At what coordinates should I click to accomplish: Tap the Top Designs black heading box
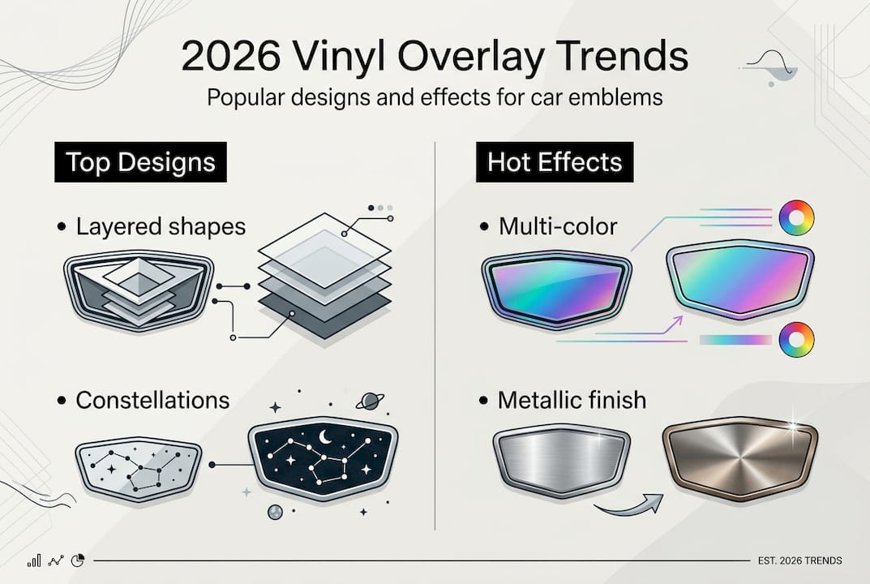pyautogui.click(x=140, y=162)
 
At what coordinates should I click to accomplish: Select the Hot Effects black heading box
pyautogui.click(x=555, y=162)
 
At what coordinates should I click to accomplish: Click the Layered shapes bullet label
pyautogui.click(x=161, y=226)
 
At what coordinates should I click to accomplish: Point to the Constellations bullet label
pyautogui.click(x=152, y=400)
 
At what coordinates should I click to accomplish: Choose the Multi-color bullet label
pyautogui.click(x=558, y=226)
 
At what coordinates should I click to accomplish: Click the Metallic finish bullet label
pyautogui.click(x=572, y=400)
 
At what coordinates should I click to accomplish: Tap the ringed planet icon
pyautogui.click(x=370, y=401)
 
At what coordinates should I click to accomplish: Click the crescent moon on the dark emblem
pyautogui.click(x=324, y=438)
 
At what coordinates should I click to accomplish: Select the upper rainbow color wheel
pyautogui.click(x=796, y=217)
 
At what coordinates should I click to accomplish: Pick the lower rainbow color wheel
pyautogui.click(x=796, y=339)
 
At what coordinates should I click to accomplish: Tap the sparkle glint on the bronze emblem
pyautogui.click(x=793, y=427)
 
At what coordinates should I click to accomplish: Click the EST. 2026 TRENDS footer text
pyautogui.click(x=799, y=560)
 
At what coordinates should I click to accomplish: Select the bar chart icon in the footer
pyautogui.click(x=34, y=560)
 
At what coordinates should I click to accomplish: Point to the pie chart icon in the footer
pyautogui.click(x=78, y=560)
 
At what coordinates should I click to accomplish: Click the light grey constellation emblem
pyautogui.click(x=138, y=470)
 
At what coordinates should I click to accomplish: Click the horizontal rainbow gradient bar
pyautogui.click(x=735, y=340)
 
